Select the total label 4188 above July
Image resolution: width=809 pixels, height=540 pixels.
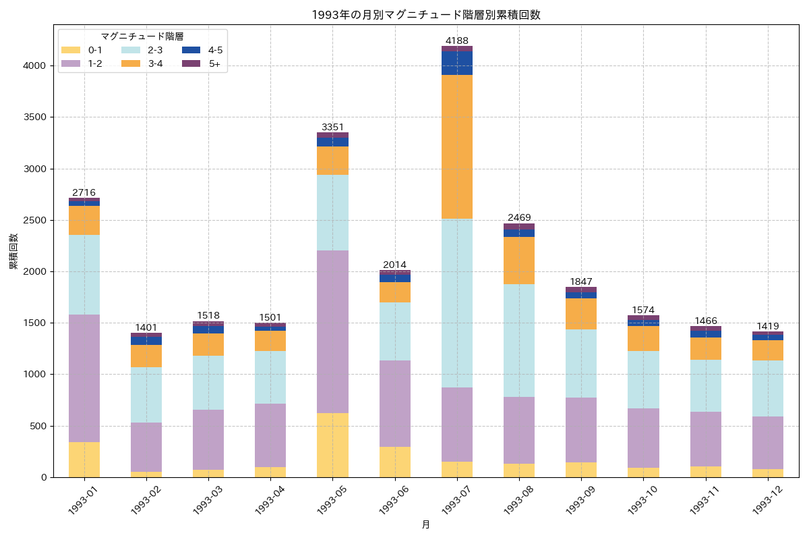pos(456,40)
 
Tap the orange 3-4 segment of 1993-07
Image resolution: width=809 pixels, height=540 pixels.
pos(456,146)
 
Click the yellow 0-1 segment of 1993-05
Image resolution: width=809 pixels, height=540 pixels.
pos(332,445)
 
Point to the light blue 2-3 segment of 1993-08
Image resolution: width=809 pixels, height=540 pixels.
pos(518,340)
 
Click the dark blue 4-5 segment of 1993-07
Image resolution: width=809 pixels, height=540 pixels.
pos(456,63)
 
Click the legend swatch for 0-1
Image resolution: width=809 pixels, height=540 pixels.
pos(70,50)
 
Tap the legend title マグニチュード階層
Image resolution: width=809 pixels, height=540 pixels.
pos(142,36)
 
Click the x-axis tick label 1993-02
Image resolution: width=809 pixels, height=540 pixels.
pos(144,500)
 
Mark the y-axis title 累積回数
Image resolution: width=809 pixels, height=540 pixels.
pos(13,251)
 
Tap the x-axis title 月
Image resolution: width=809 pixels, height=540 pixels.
pos(425,524)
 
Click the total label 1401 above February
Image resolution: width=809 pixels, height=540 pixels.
pos(146,327)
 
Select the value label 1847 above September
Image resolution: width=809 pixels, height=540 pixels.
pos(580,281)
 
